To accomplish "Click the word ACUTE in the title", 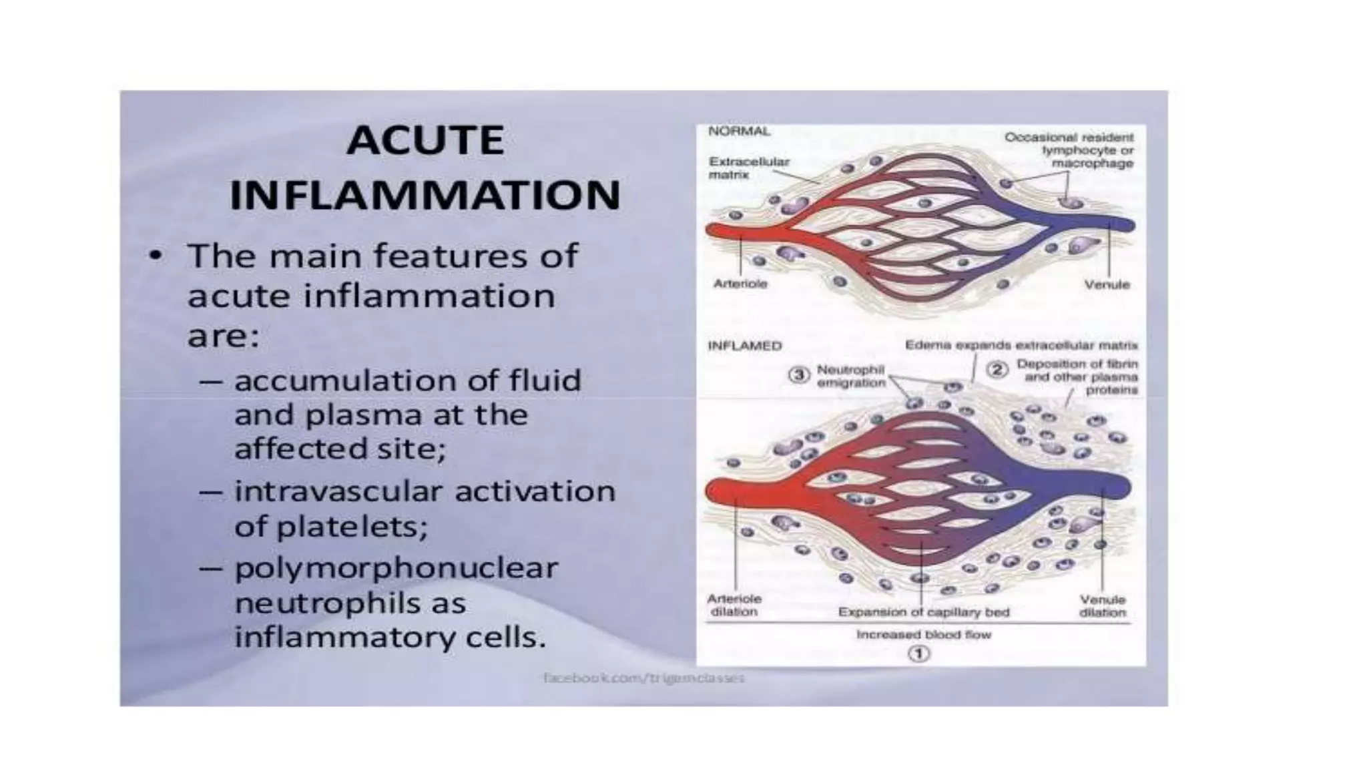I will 425,141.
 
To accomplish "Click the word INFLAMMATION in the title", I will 425,195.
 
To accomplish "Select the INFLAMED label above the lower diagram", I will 744,346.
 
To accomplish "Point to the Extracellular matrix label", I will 749,168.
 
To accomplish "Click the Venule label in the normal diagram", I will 1107,284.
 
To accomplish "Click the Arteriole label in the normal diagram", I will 740,284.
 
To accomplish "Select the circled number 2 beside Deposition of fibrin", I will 997,369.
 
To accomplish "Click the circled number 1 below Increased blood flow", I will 919,654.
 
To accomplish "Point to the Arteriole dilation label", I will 734,605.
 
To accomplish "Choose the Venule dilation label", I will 1102,605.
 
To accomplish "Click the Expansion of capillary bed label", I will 924,611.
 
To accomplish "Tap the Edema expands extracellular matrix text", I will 1021,345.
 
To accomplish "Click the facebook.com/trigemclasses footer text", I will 643,678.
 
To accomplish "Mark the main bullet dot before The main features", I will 156,256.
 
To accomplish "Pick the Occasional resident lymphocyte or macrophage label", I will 1069,150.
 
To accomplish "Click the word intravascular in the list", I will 339,491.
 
